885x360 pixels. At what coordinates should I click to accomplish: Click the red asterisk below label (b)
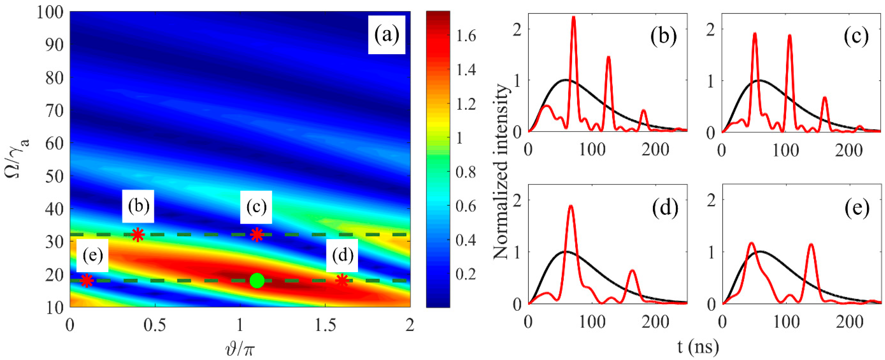[x=138, y=235]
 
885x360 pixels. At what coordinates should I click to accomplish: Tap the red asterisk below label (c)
[x=257, y=235]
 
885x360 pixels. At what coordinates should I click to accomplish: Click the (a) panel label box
[x=387, y=35]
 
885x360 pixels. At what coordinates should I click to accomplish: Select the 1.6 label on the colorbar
[x=466, y=36]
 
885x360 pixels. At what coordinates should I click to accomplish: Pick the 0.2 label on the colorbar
[x=466, y=274]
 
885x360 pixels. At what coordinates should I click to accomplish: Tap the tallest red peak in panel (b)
[x=573, y=17]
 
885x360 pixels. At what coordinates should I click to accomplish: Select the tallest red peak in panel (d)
[x=571, y=206]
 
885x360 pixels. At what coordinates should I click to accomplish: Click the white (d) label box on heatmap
[x=342, y=255]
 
